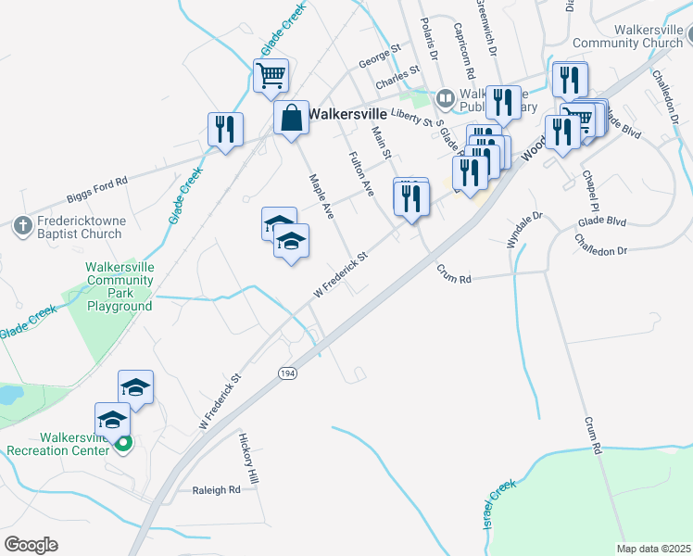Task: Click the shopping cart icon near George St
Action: coord(271,75)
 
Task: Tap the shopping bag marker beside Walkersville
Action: coord(291,118)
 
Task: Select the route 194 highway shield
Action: coord(287,372)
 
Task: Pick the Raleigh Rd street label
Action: coord(216,490)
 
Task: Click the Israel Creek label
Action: coord(498,505)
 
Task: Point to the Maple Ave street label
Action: coord(321,195)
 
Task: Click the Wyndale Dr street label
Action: coord(523,229)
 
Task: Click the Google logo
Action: coord(31,545)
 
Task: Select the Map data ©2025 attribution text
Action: coord(653,549)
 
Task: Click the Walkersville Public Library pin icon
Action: coord(446,97)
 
